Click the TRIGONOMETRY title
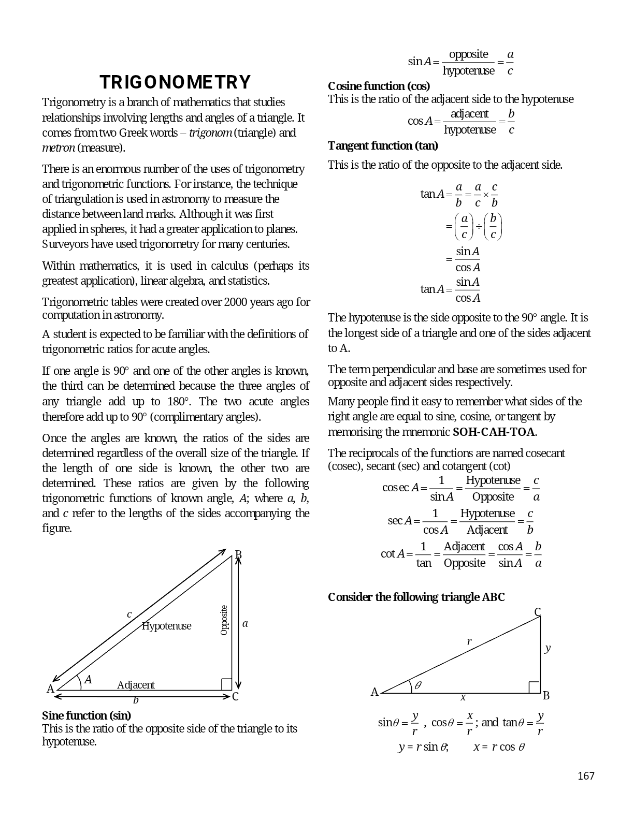[175, 82]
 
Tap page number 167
[586, 775]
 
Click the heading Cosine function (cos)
[379, 86]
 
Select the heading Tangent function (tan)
[383, 146]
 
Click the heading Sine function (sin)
[86, 715]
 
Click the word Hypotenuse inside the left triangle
[166, 626]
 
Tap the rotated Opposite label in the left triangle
[224, 620]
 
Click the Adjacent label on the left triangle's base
[136, 685]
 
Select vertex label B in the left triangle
[238, 554]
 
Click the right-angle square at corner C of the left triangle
[226, 684]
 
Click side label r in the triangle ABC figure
[469, 641]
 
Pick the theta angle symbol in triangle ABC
[417, 685]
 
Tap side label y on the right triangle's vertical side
[547, 648]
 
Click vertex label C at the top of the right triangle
[538, 612]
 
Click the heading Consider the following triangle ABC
[416, 597]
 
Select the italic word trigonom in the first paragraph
[210, 133]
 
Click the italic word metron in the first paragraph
[58, 148]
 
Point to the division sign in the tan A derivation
[479, 227]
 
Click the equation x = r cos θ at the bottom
[499, 747]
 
